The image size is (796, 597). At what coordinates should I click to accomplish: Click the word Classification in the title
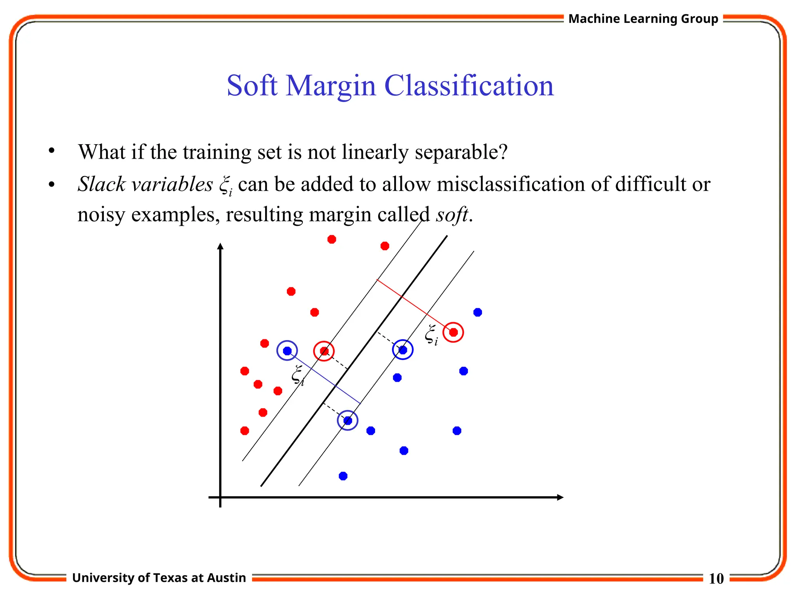pos(468,86)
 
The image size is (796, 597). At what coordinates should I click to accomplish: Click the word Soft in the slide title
pos(252,86)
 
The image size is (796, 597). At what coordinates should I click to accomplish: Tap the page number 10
pos(716,578)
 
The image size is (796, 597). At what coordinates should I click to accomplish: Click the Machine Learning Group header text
pos(643,19)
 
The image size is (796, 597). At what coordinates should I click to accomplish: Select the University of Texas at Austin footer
pos(159,578)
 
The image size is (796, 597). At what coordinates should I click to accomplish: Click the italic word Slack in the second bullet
pos(101,184)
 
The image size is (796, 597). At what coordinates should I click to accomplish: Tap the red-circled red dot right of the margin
pos(453,332)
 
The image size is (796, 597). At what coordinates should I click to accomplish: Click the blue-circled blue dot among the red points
pos(287,351)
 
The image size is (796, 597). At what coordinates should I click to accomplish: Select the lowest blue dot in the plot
pos(343,476)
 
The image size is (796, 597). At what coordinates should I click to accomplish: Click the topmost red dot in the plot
pos(332,239)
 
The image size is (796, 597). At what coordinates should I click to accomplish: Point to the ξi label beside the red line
pos(431,335)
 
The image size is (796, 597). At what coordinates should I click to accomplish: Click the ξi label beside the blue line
pos(298,375)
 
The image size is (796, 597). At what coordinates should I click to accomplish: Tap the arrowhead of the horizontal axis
pos(560,497)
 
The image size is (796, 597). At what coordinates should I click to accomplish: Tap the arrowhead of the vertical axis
pos(220,246)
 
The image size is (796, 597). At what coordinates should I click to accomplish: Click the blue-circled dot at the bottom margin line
pos(347,421)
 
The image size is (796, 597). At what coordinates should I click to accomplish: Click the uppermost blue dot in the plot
pos(478,312)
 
